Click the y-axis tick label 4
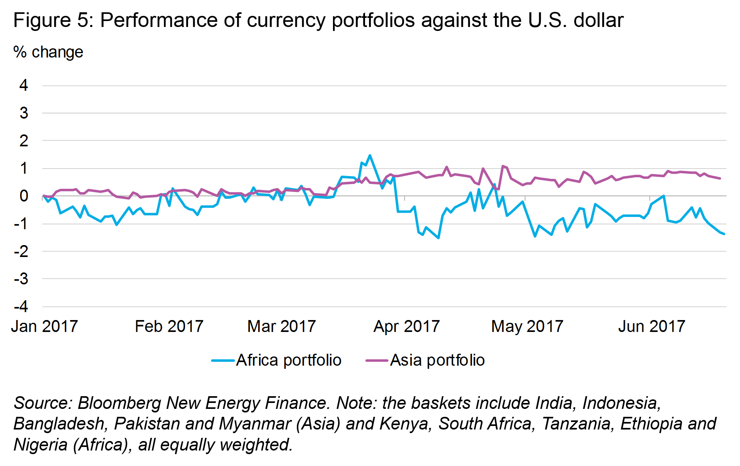(24, 85)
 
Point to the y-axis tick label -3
(21, 279)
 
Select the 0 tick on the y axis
(24, 196)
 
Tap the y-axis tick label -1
(21, 224)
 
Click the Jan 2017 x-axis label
(44, 326)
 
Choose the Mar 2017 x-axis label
(282, 326)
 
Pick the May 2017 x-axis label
(527, 326)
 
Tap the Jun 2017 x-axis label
(651, 326)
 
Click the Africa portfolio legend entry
(277, 360)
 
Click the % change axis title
(48, 52)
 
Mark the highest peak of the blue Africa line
(370, 155)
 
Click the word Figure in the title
(42, 20)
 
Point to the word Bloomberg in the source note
(119, 403)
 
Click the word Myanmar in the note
(255, 424)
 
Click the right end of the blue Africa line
(724, 234)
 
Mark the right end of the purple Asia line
(720, 178)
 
